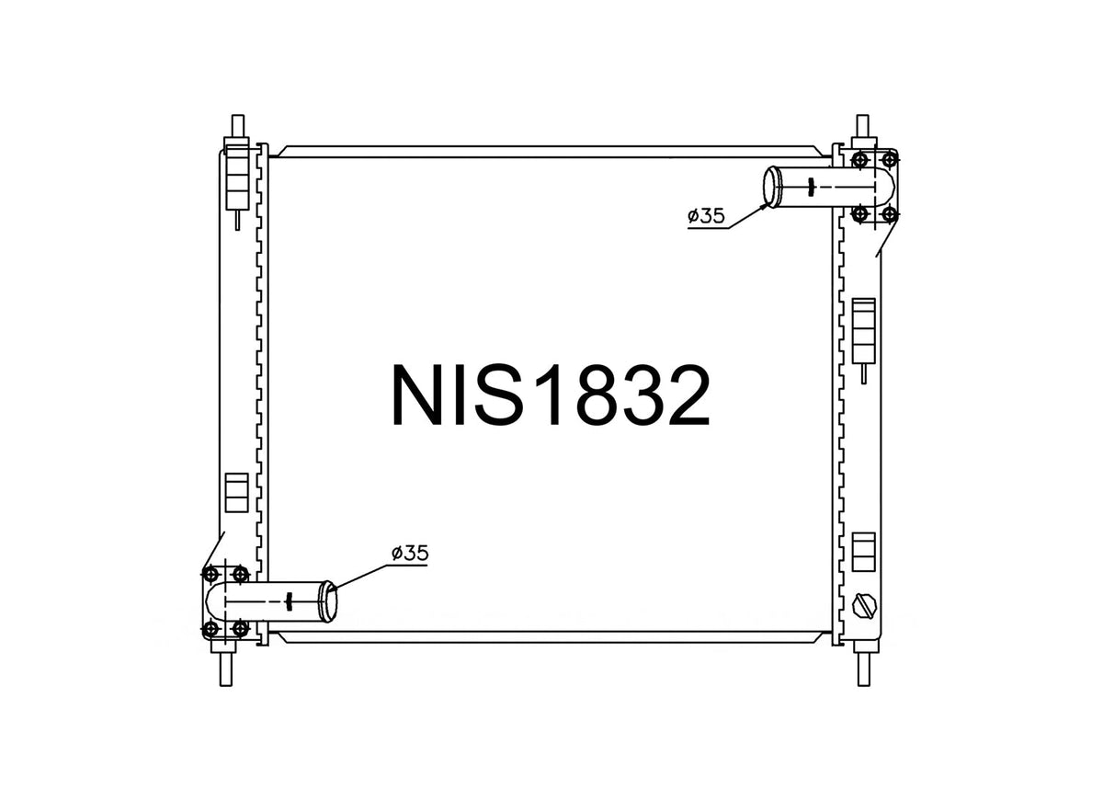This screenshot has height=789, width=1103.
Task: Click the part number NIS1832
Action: coord(550,394)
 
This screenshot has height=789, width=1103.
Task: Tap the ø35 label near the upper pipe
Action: coord(707,216)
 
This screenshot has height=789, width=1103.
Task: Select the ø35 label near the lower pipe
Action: coord(410,553)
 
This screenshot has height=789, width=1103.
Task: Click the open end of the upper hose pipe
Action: coord(772,188)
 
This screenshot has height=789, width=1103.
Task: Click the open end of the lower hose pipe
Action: coord(329,601)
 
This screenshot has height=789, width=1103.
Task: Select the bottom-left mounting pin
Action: coord(226,669)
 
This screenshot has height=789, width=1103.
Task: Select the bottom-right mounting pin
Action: coord(863,669)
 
